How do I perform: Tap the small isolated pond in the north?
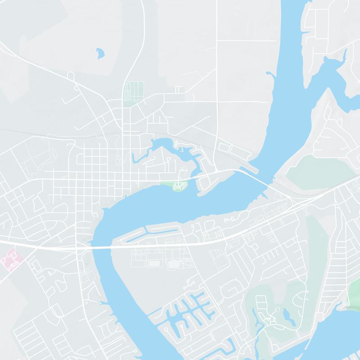coord(99,54)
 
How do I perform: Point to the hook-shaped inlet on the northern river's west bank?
coord(270,74)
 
